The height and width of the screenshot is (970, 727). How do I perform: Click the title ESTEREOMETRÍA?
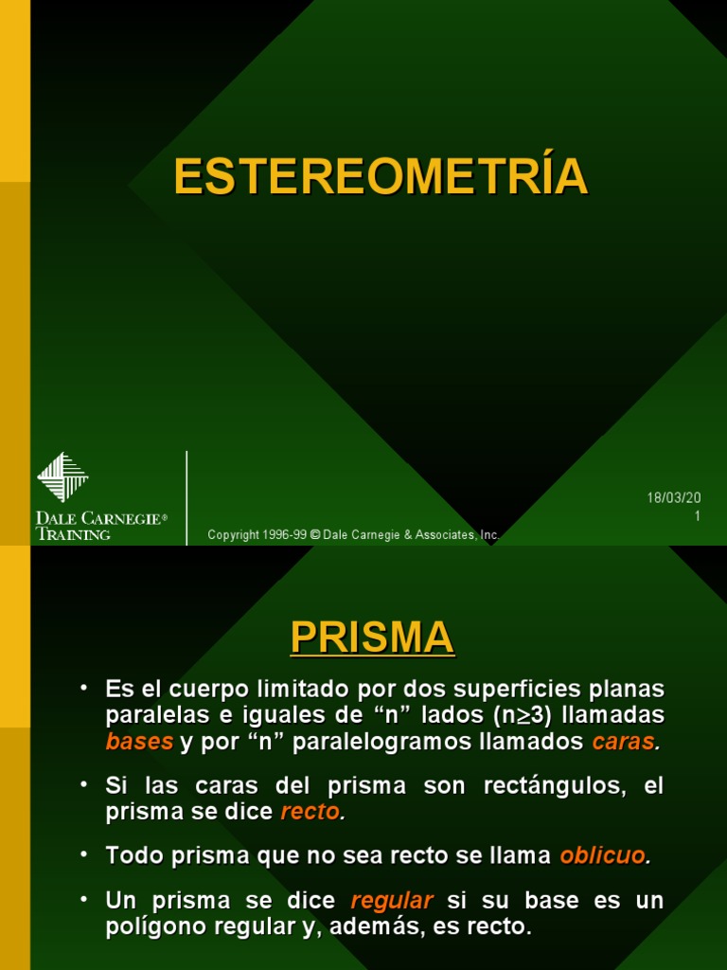click(381, 177)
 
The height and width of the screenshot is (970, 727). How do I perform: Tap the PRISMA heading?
click(372, 638)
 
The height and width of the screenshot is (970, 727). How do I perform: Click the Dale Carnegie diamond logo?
click(62, 476)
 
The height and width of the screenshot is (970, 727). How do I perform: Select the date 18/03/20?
click(673, 498)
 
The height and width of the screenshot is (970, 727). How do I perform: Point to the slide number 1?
click(697, 516)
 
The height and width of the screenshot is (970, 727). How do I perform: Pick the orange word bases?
click(140, 742)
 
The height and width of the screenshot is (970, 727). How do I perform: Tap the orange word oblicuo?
click(603, 855)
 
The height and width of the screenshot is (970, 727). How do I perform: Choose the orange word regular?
click(391, 900)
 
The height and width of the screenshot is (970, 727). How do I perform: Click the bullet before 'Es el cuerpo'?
click(85, 687)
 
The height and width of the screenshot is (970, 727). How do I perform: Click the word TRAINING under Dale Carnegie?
click(74, 534)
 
